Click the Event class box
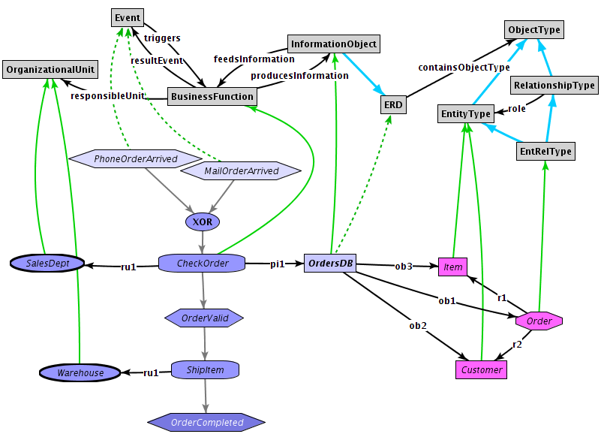point(127,17)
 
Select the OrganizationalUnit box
point(50,70)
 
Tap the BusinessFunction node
point(212,97)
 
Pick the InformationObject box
point(334,44)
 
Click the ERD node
point(393,105)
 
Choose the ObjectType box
point(533,30)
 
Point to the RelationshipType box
point(554,86)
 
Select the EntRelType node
point(545,152)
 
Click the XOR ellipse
point(202,222)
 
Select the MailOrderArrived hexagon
point(241,171)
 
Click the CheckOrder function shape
point(203,264)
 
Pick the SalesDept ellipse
point(46,264)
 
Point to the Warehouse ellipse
point(80,372)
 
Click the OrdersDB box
point(330,264)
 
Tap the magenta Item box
point(453,267)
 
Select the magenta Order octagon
point(539,321)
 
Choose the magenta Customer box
point(481,370)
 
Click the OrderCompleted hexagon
point(206,422)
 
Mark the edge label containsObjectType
point(464,68)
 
